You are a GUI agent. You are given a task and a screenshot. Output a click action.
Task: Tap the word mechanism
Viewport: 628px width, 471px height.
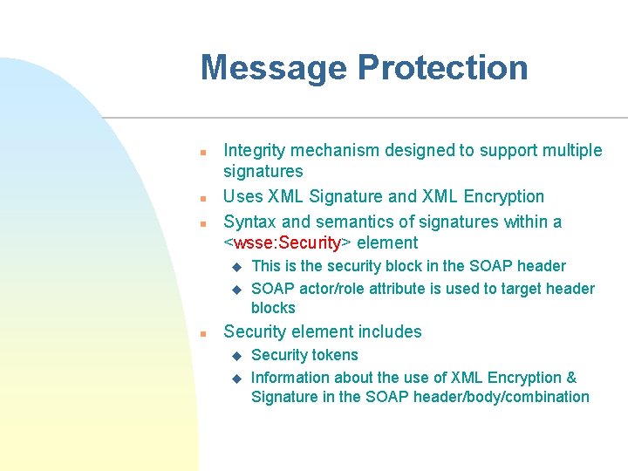(334, 151)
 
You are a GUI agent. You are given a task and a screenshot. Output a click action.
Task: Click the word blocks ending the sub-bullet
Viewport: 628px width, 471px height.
(273, 308)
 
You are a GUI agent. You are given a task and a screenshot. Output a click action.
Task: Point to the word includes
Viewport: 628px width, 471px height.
(390, 332)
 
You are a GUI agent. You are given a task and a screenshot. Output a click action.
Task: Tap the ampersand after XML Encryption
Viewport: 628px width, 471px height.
(571, 378)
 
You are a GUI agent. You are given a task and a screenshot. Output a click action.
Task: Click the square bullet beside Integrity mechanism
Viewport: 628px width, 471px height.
(202, 152)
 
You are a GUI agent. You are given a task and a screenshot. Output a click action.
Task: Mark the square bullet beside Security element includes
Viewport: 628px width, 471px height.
(202, 333)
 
